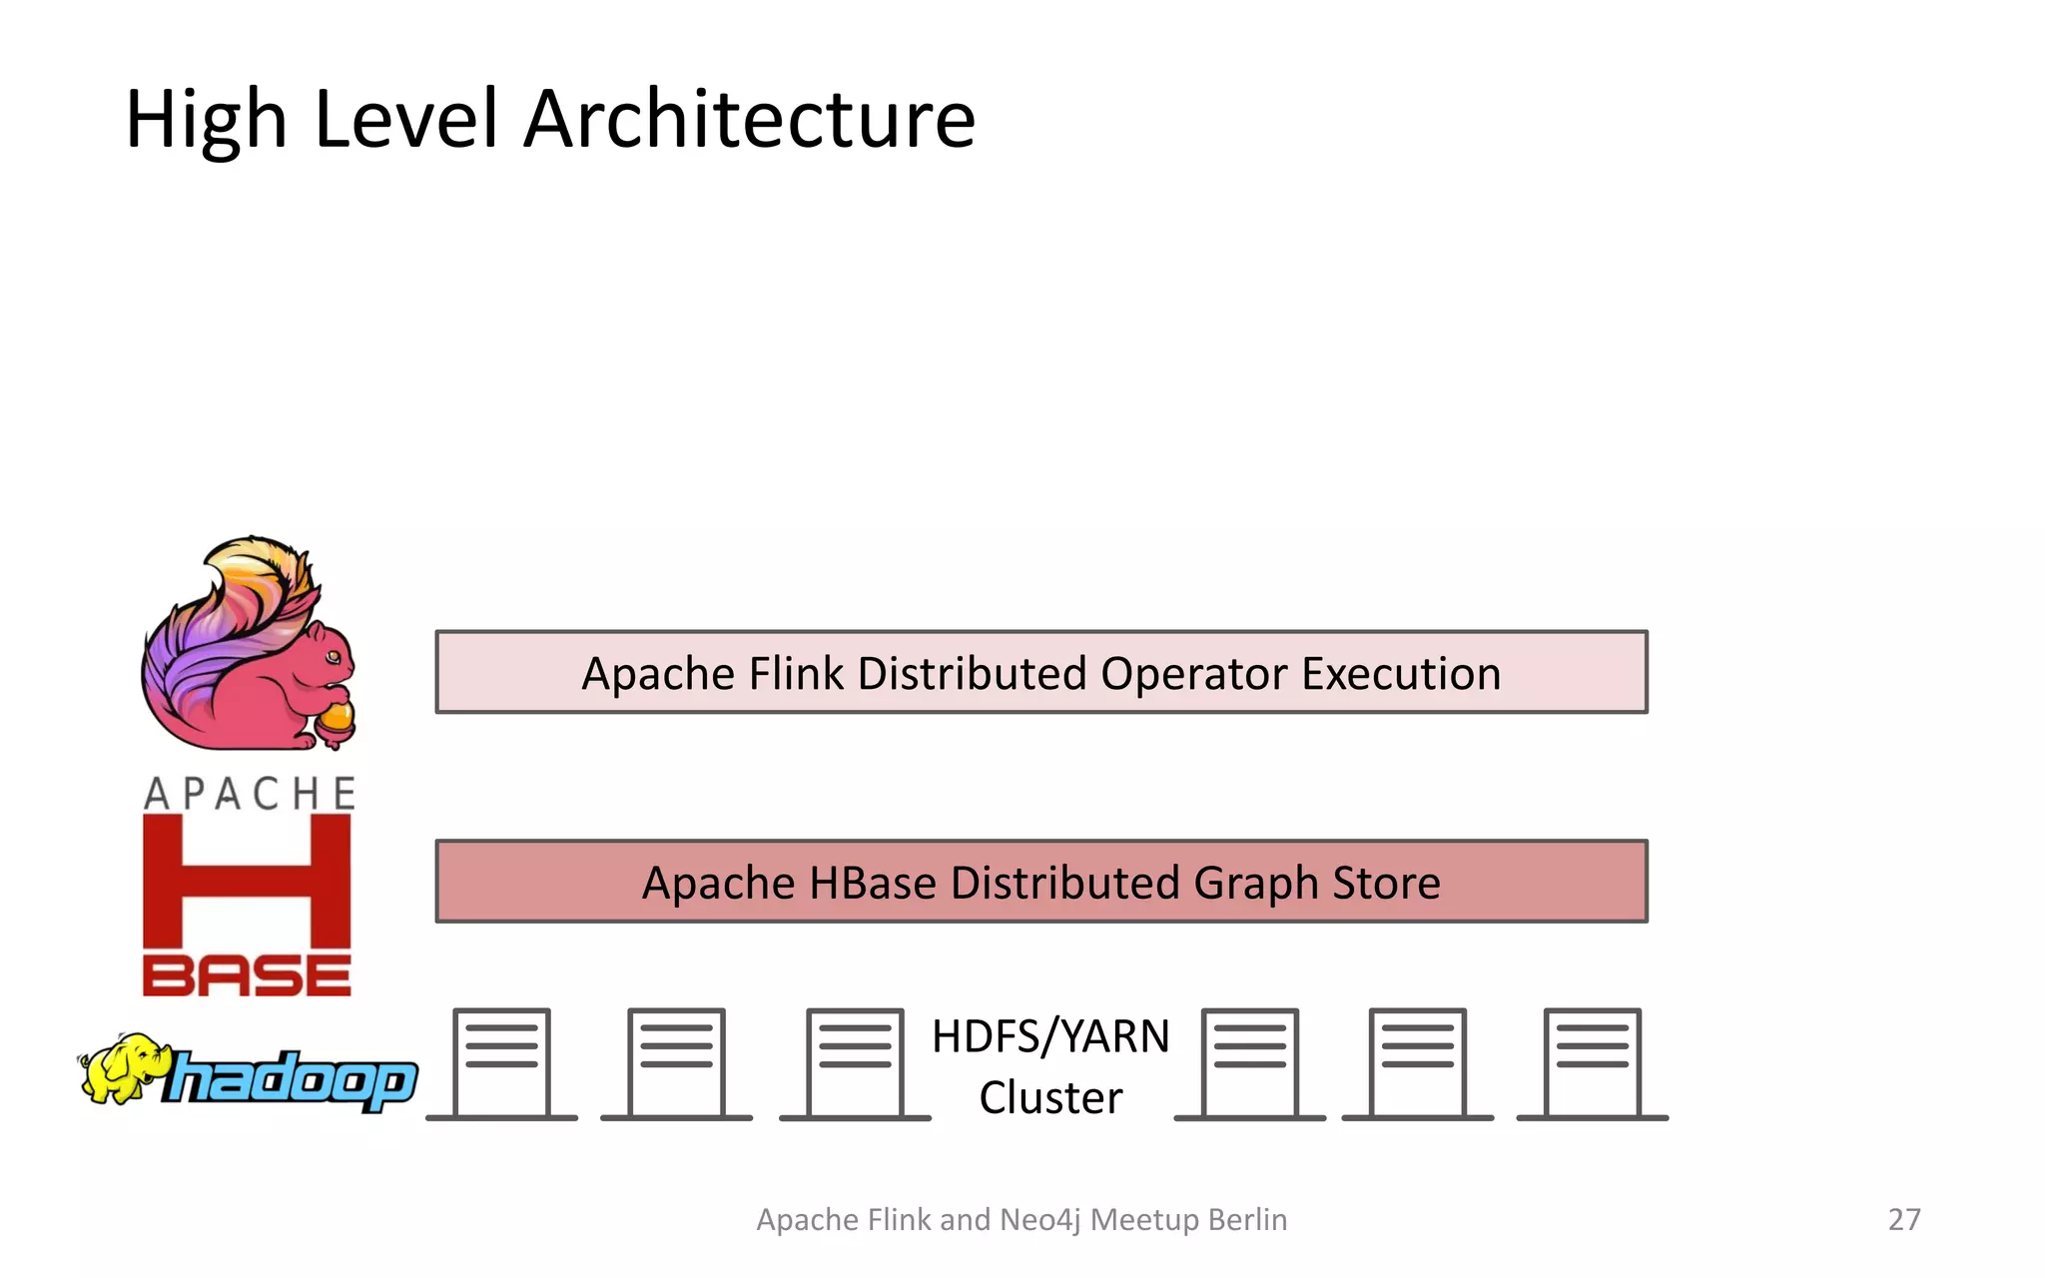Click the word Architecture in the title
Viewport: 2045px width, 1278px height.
tap(749, 120)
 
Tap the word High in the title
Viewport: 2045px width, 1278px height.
tap(207, 120)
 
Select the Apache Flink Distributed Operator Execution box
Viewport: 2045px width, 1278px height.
tap(1041, 672)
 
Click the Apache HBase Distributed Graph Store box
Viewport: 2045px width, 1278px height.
tap(1041, 882)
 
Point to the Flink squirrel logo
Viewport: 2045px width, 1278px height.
tap(249, 644)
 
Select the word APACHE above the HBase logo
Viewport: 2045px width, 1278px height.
tap(250, 794)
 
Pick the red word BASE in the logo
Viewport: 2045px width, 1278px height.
tap(247, 975)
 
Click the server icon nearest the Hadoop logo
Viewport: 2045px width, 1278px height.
tap(501, 1064)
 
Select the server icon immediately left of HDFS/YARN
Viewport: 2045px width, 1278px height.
tap(855, 1064)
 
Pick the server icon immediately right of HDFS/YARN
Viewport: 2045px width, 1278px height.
tap(1249, 1064)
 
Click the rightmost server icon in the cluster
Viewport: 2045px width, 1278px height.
tap(1592, 1064)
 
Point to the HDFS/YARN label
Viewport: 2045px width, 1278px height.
tap(1050, 1036)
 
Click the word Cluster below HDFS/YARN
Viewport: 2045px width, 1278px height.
tap(1050, 1098)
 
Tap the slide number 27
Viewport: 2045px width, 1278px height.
tap(1904, 1219)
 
